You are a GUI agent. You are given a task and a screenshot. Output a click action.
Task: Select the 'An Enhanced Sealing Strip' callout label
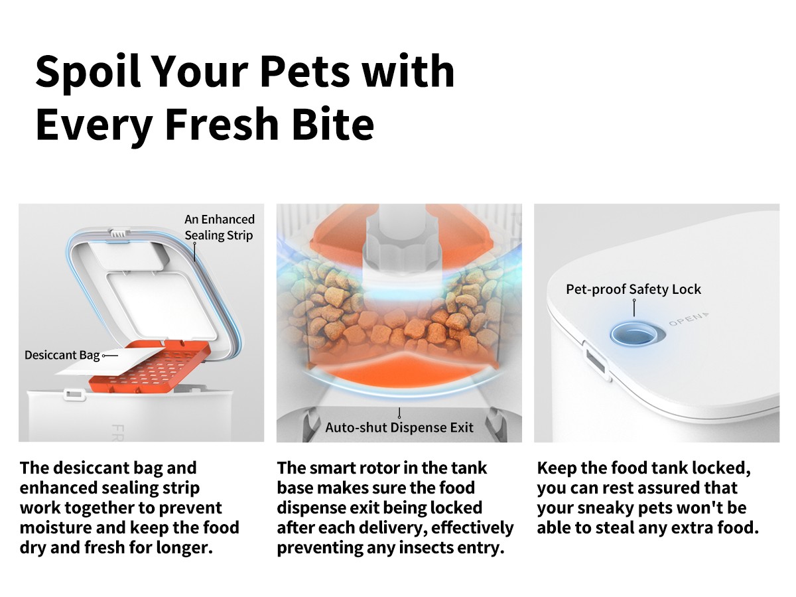click(220, 227)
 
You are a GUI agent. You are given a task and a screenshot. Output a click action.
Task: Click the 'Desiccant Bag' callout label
click(62, 355)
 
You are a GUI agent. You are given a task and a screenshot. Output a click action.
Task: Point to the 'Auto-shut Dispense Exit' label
click(399, 427)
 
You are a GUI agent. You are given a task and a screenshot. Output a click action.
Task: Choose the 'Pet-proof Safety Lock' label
click(633, 289)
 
